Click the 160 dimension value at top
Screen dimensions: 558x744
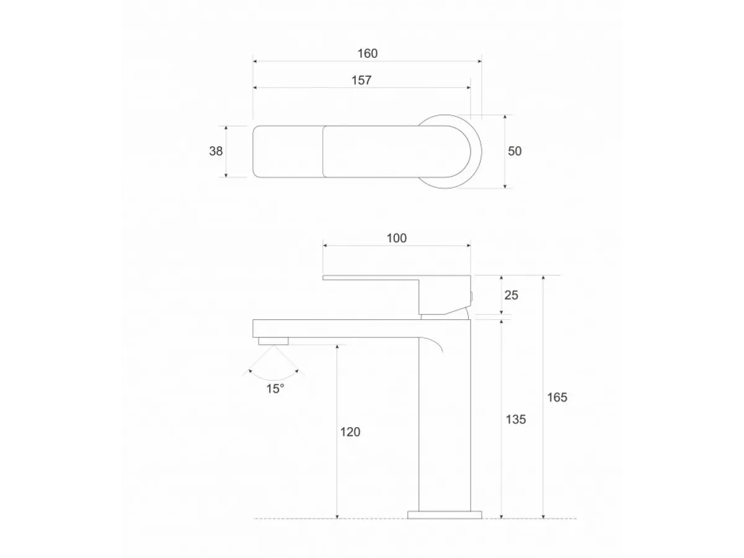[367, 53]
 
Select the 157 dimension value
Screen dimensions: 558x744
[361, 80]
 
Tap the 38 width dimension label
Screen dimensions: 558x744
[216, 151]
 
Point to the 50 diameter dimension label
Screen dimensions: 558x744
[515, 151]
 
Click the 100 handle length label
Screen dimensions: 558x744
[396, 238]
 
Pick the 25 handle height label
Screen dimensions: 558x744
[511, 295]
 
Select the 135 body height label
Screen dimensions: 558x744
[515, 419]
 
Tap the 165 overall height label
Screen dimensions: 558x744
[557, 397]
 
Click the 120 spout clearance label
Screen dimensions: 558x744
[350, 432]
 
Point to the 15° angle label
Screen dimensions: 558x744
[275, 389]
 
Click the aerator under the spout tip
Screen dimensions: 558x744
[273, 340]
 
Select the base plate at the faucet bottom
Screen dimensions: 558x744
[445, 514]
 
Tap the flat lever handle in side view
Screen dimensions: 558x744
[372, 278]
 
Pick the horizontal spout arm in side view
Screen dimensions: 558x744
[335, 328]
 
